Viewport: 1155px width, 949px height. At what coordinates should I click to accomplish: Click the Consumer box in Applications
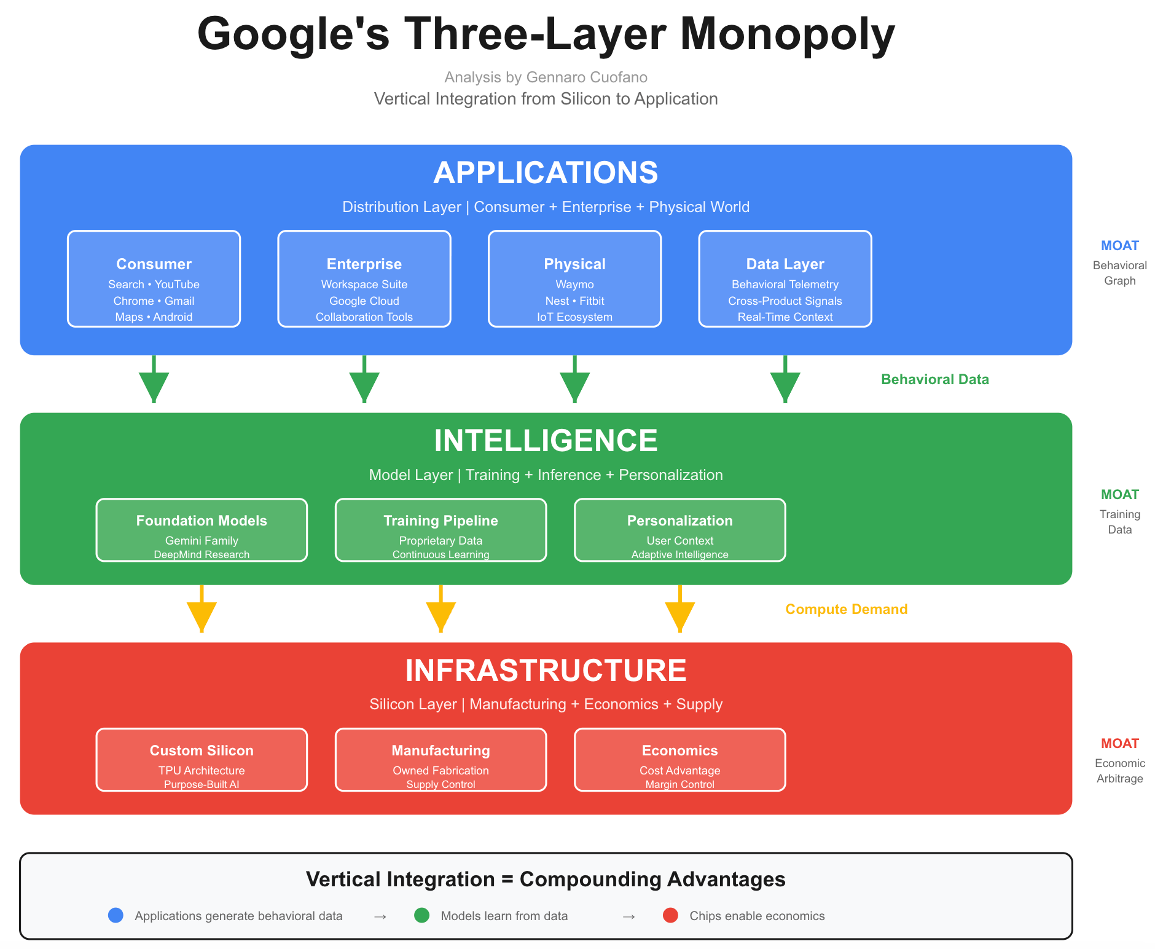pyautogui.click(x=154, y=279)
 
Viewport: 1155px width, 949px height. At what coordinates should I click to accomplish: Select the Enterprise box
pyautogui.click(x=364, y=279)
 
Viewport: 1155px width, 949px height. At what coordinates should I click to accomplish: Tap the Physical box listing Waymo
pyautogui.click(x=574, y=279)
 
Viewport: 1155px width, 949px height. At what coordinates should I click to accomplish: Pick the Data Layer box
pyautogui.click(x=785, y=279)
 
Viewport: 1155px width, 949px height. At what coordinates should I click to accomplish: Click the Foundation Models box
pyautogui.click(x=202, y=530)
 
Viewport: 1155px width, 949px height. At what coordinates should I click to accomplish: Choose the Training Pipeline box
pyautogui.click(x=440, y=530)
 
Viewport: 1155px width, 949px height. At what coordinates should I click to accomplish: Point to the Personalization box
pyautogui.click(x=679, y=530)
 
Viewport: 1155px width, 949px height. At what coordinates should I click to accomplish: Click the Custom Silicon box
pyautogui.click(x=202, y=760)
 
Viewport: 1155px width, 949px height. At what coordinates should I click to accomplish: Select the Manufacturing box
pyautogui.click(x=440, y=760)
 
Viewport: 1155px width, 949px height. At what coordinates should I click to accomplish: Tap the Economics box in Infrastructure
pyautogui.click(x=679, y=760)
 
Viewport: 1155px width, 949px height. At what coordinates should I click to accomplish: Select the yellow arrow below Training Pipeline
pyautogui.click(x=440, y=612)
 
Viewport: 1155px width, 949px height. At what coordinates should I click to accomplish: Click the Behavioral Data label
pyautogui.click(x=934, y=379)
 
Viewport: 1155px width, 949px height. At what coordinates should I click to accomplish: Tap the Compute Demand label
pyautogui.click(x=846, y=609)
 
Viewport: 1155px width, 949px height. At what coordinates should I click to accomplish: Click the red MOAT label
pyautogui.click(x=1119, y=744)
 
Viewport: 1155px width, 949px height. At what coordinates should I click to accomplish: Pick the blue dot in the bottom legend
pyautogui.click(x=116, y=916)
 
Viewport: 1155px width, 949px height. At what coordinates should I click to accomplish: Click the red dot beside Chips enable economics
pyautogui.click(x=670, y=916)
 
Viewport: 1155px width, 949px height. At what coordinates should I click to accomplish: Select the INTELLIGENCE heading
pyautogui.click(x=546, y=441)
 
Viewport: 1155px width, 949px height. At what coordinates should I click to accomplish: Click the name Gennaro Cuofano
pyautogui.click(x=587, y=77)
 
